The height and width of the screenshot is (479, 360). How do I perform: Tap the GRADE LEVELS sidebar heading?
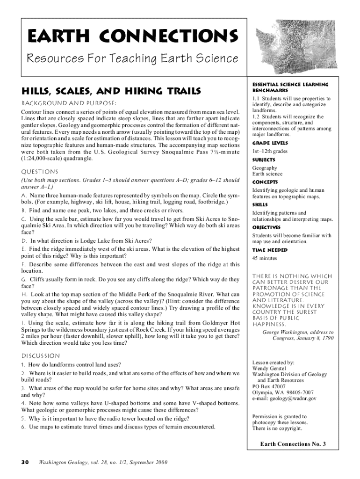[x=270, y=143]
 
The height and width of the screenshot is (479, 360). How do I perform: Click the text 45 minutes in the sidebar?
[x=264, y=258]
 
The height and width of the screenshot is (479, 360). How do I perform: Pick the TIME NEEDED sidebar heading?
[x=270, y=250]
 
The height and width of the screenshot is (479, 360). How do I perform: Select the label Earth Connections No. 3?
[x=293, y=444]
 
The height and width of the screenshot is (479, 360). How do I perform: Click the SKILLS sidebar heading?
[x=260, y=204]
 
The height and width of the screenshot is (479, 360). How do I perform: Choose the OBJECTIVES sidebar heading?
[x=266, y=227]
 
